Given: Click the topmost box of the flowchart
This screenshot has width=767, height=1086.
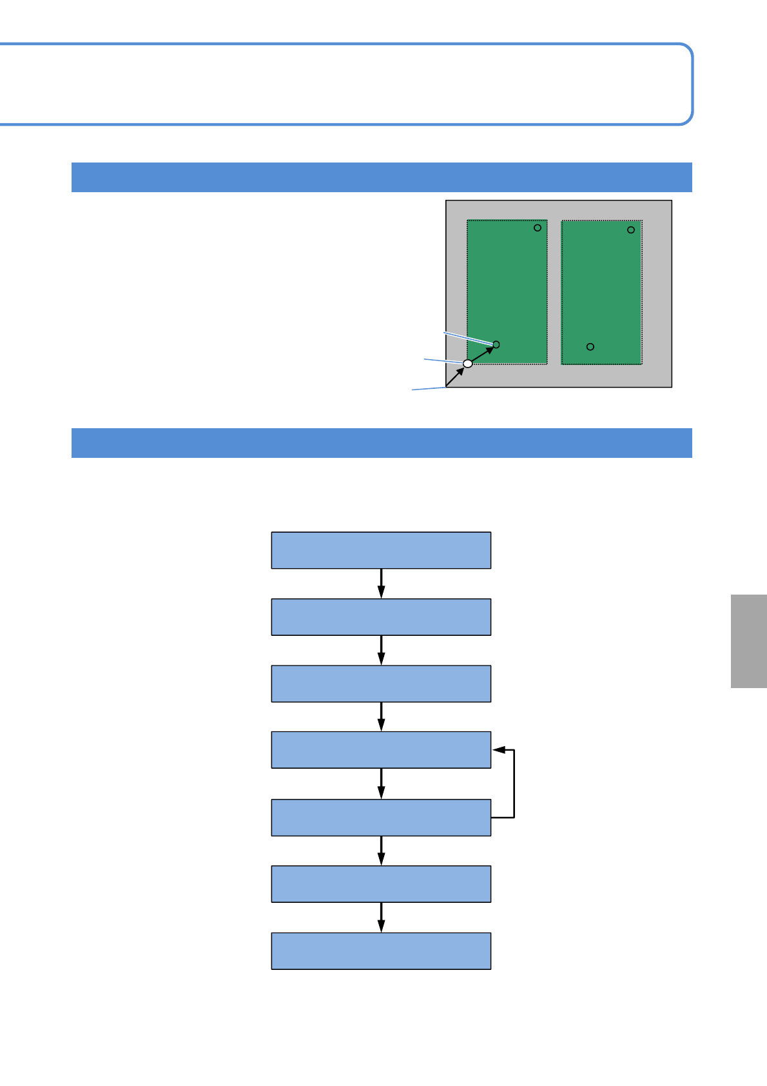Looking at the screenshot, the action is point(381,550).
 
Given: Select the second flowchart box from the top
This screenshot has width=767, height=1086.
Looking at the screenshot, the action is point(381,617).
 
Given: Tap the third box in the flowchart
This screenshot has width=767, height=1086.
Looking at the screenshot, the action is point(381,684).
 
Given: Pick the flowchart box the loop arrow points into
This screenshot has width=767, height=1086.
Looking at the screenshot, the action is point(381,750).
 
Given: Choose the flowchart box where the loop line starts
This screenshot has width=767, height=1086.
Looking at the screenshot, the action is point(381,818).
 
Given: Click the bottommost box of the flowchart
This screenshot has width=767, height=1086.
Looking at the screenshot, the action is point(381,951).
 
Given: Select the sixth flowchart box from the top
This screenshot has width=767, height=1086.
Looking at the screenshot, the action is point(381,884).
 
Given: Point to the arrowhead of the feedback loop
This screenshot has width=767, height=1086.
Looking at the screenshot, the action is point(498,750).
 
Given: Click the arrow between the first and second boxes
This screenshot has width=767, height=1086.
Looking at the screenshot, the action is point(382,584).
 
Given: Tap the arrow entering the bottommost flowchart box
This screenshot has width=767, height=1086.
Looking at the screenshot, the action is point(382,918).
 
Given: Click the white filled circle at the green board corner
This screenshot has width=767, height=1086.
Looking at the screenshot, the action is point(468,364).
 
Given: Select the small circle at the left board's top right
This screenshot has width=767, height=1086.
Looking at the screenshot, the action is point(537,228).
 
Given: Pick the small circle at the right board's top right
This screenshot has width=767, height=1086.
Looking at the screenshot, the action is point(631,230).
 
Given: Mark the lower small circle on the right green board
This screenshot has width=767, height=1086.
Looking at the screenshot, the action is point(590,347).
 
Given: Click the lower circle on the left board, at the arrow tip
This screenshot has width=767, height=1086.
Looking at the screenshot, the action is point(496,344).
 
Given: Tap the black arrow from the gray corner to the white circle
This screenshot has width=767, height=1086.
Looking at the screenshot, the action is point(455,377).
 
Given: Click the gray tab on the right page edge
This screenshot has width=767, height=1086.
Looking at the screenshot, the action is point(748,641).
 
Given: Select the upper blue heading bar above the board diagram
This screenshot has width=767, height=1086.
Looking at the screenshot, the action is point(382,177).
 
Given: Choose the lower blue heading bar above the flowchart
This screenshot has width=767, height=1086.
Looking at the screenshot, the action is point(382,443).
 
